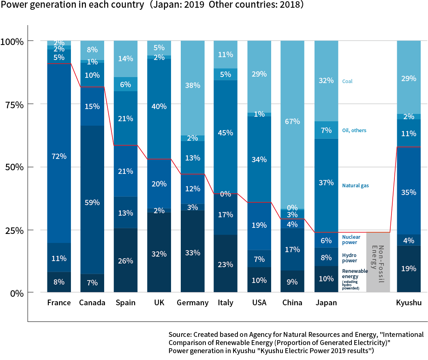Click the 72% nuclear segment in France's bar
pyautogui.click(x=59, y=156)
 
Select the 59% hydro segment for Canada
pyautogui.click(x=92, y=202)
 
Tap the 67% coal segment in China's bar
pyautogui.click(x=292, y=122)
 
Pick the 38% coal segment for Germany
pyautogui.click(x=192, y=86)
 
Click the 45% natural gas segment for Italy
pyautogui.click(x=225, y=133)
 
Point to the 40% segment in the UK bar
pyautogui.click(x=159, y=107)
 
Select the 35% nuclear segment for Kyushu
pyautogui.click(x=409, y=192)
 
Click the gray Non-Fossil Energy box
pyautogui.click(x=378, y=262)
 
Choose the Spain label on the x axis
pyautogui.click(x=125, y=303)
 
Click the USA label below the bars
pyautogui.click(x=259, y=303)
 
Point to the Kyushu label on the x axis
pyautogui.click(x=409, y=303)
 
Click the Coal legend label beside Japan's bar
pyautogui.click(x=347, y=81)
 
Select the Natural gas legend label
pyautogui.click(x=355, y=185)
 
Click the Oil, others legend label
pyautogui.click(x=354, y=131)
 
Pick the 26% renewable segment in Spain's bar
pyautogui.click(x=125, y=261)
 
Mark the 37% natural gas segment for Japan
pyautogui.click(x=326, y=182)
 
